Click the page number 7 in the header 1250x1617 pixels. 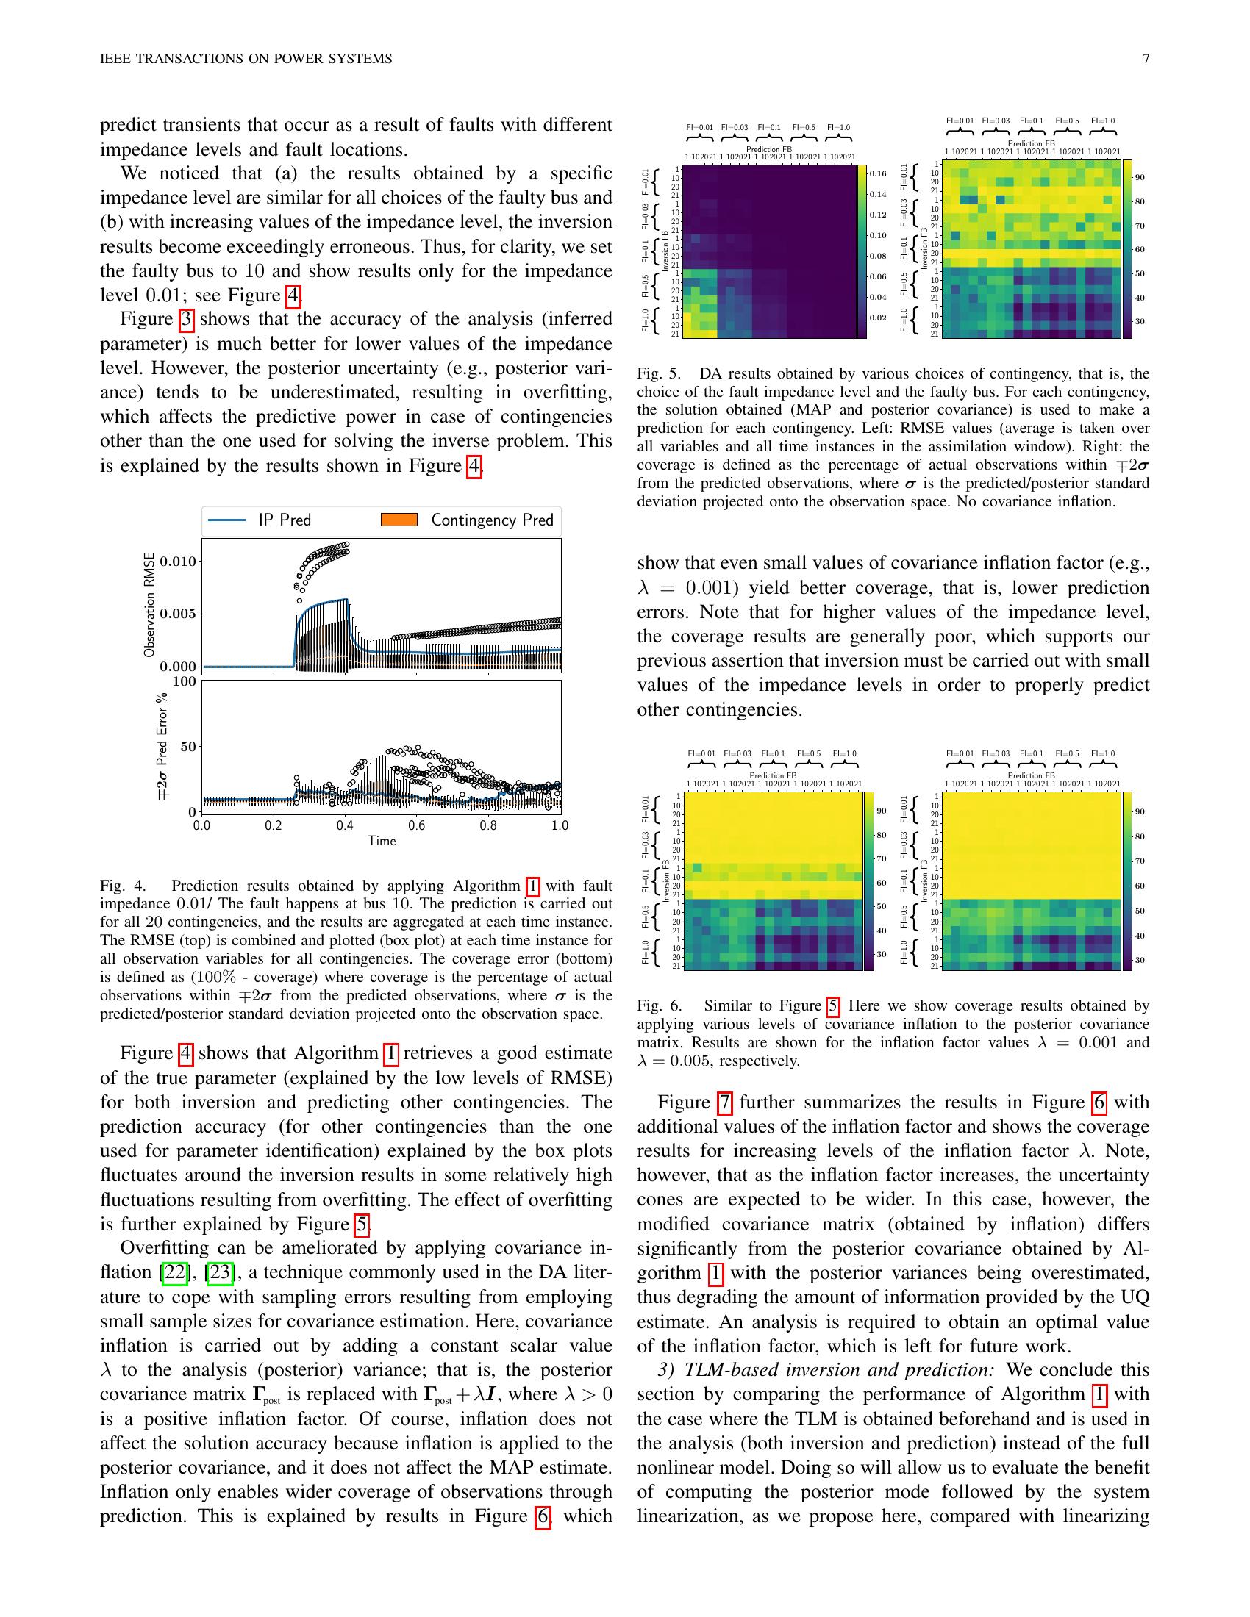(1146, 60)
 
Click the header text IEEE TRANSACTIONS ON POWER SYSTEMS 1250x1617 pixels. (246, 60)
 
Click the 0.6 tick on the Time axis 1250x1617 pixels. (416, 825)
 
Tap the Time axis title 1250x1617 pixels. (382, 840)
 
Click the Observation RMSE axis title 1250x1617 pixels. (149, 605)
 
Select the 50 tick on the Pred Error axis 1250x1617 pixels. (188, 746)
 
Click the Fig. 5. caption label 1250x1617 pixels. (659, 373)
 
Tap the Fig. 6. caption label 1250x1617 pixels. (659, 1005)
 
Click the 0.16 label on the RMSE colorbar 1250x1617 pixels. (877, 173)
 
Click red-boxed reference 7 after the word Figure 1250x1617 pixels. (725, 1102)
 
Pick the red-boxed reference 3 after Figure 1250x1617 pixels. (186, 319)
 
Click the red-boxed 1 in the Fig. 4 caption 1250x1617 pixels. (532, 886)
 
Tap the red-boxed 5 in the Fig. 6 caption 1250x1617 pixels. (833, 1005)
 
